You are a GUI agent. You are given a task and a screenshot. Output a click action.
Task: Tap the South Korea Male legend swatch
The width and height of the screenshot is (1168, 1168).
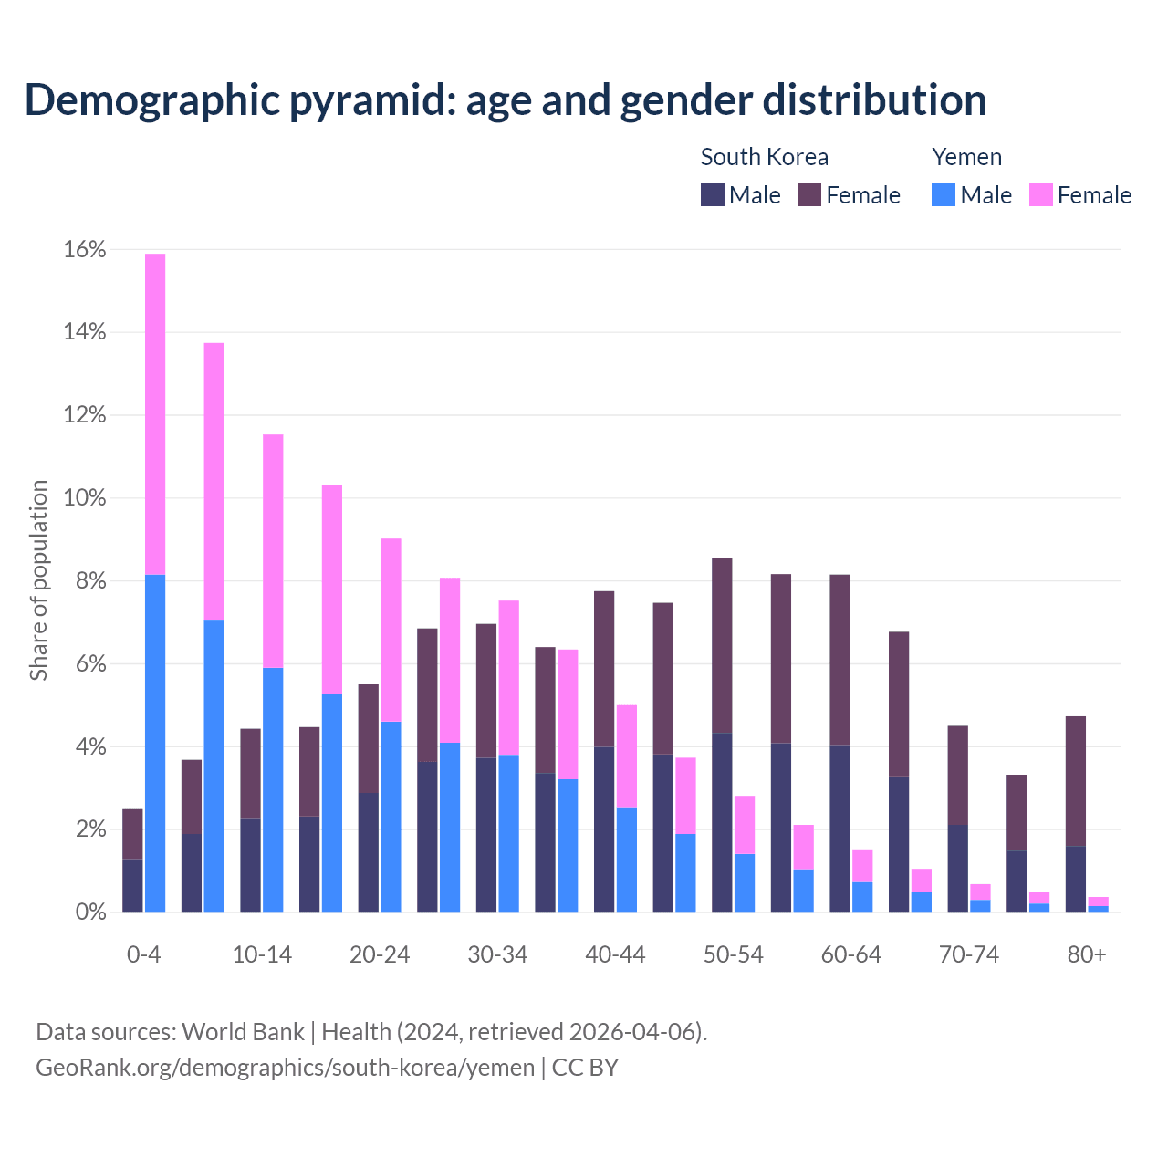712,194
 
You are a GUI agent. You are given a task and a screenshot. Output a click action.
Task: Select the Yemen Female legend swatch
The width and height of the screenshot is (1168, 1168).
1040,194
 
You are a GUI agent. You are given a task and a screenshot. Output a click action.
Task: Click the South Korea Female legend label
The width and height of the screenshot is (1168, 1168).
862,195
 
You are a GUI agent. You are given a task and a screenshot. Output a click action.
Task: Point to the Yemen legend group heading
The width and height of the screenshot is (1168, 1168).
966,157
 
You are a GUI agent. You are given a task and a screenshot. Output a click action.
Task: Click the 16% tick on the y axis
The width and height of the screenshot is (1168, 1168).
85,250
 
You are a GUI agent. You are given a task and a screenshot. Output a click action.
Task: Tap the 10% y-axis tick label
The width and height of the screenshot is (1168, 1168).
85,498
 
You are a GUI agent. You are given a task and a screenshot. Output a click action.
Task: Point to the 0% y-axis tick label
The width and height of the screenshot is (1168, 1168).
89,912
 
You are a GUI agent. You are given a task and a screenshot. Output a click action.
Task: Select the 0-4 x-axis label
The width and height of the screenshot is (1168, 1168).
144,954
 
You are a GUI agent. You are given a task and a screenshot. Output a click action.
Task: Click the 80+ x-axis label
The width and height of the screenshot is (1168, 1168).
1087,954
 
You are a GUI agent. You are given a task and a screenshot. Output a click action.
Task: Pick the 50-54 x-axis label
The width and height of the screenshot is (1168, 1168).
734,954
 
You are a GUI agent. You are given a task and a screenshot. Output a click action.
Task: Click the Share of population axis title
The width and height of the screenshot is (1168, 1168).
38,580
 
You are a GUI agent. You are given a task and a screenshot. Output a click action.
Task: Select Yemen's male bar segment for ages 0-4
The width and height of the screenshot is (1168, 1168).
155,743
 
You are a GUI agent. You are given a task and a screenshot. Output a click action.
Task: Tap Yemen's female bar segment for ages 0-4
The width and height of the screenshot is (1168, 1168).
155,413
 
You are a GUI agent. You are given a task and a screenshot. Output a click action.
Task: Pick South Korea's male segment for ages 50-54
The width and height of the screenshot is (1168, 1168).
722,822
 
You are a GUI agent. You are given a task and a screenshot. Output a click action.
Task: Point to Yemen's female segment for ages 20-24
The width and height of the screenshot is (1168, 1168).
391,630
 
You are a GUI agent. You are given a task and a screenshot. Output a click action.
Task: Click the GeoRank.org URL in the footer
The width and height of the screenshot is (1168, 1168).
285,1068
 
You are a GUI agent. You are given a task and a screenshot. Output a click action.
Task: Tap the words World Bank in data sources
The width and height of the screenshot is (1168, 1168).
243,1032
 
